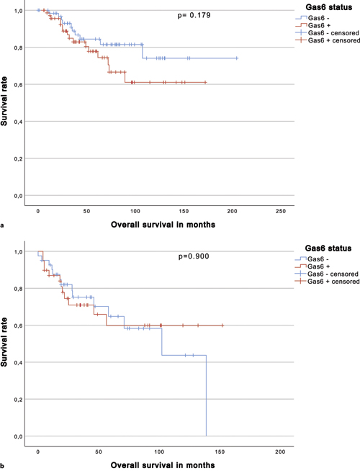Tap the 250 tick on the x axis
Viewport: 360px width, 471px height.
point(281,211)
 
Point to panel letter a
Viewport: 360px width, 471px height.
point(4,225)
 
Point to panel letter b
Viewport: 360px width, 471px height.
point(4,466)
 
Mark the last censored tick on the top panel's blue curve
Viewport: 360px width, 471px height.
point(237,58)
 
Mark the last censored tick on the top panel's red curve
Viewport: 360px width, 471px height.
point(206,83)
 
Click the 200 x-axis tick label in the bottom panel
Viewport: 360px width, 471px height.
point(281,452)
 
